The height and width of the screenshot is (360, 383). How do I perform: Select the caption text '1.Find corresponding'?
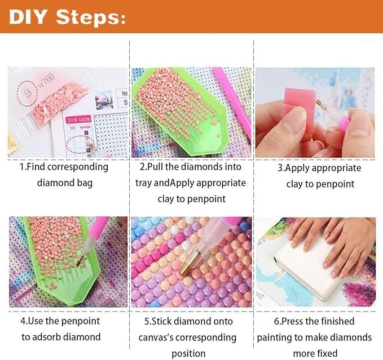[64, 167]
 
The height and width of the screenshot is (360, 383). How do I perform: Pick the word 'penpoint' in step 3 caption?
[334, 184]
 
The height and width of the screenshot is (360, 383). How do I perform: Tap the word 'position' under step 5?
[188, 353]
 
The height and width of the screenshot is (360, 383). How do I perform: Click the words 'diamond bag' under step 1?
[64, 183]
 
